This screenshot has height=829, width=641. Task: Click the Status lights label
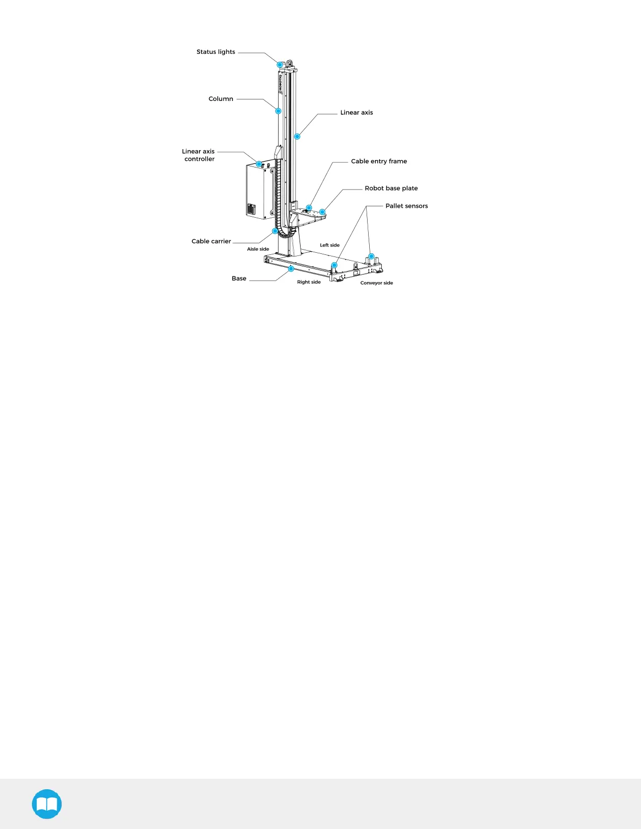[x=216, y=52]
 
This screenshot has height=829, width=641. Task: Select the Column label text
[x=220, y=99]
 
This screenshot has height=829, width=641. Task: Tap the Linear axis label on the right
[x=356, y=113]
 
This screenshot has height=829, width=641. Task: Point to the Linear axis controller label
[x=198, y=155]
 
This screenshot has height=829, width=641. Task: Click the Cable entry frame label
[x=379, y=161]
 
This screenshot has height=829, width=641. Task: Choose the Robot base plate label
[x=391, y=188]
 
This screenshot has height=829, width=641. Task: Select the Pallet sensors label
[x=406, y=206]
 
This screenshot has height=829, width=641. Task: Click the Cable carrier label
[x=211, y=241]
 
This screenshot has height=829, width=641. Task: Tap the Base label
[x=239, y=278]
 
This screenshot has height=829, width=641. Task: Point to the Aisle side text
[x=258, y=249]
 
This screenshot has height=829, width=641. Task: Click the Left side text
[x=329, y=245]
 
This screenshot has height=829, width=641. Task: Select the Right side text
[x=308, y=282]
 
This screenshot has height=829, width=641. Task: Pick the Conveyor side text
[x=376, y=283]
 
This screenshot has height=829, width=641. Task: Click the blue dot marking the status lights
[x=280, y=65]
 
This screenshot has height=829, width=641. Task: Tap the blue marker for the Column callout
[x=279, y=111]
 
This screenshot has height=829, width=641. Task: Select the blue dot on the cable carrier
[x=275, y=231]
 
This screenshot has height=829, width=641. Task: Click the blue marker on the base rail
[x=291, y=269]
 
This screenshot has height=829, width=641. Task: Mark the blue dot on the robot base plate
[x=323, y=212]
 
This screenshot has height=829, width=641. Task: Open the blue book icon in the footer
[x=47, y=804]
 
